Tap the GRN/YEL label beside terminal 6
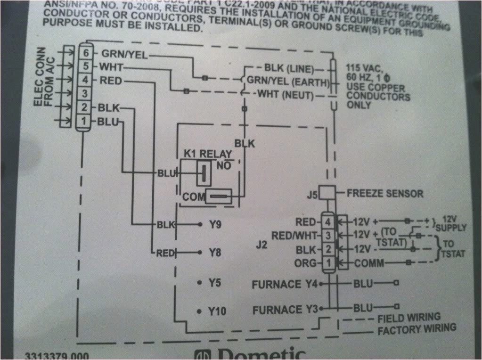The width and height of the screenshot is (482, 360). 124,54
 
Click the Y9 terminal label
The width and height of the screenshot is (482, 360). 215,225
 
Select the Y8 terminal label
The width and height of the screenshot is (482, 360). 215,253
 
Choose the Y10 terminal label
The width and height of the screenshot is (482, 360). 217,311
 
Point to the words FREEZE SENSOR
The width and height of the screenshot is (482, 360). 384,193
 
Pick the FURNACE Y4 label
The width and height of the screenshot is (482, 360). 286,284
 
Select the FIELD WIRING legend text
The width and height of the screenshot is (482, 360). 408,318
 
